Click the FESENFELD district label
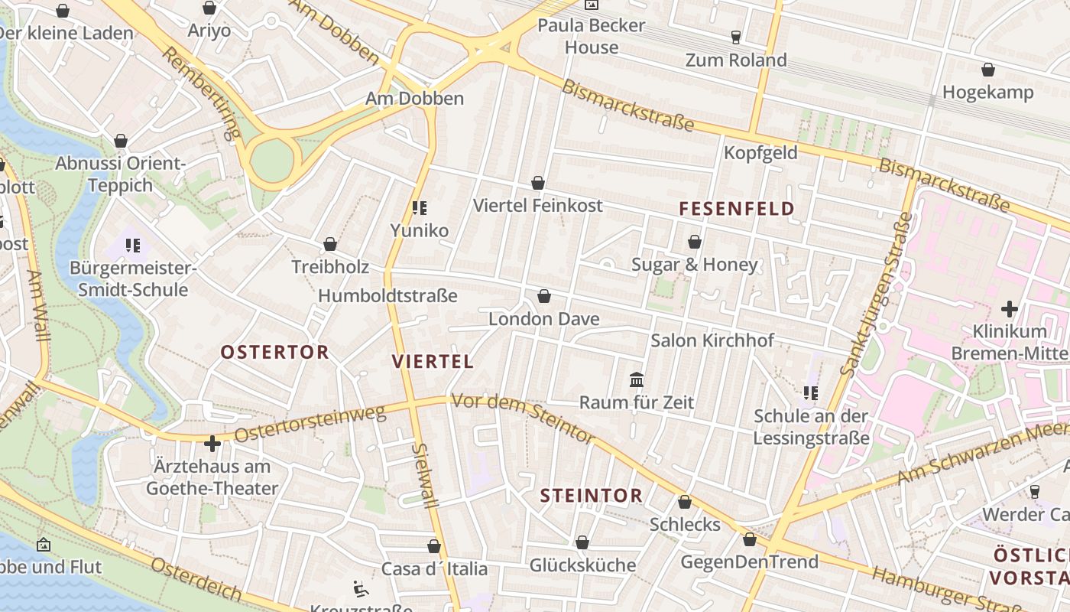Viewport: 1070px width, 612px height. (x=737, y=209)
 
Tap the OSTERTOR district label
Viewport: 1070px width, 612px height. (x=274, y=353)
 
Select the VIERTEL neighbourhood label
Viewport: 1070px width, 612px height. (x=433, y=362)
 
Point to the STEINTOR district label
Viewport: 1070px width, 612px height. (x=591, y=496)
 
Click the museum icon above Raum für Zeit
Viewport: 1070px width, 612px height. (x=636, y=379)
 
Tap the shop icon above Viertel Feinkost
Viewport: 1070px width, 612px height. (x=538, y=183)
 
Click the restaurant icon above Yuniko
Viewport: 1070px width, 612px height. (x=419, y=207)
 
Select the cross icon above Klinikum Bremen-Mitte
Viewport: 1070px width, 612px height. (x=1010, y=309)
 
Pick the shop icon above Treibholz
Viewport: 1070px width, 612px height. (x=330, y=244)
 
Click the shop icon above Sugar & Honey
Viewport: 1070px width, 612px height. (x=695, y=242)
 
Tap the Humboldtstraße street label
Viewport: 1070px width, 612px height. (x=387, y=296)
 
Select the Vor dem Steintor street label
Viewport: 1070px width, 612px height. (x=523, y=418)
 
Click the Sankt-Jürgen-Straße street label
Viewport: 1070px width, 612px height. (x=876, y=295)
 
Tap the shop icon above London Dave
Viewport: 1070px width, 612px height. (x=544, y=296)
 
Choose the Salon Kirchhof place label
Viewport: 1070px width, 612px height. (x=712, y=340)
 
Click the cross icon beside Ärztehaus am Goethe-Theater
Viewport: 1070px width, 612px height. (x=212, y=443)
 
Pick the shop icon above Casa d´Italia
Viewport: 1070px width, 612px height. (x=434, y=546)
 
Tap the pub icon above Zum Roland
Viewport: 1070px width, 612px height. (x=736, y=37)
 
